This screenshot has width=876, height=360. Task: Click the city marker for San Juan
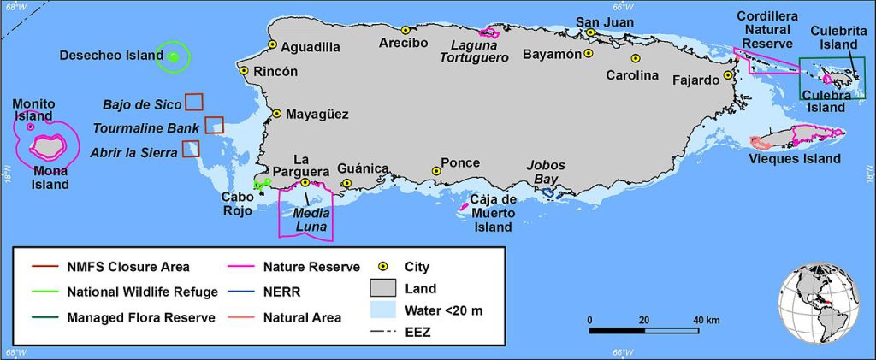[590, 32]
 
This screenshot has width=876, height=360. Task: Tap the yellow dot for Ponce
[436, 171]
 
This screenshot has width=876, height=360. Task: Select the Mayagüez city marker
[276, 113]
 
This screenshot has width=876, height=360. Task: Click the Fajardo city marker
[727, 75]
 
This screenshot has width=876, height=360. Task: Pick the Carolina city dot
[636, 59]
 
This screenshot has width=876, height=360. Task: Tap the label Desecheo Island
[111, 56]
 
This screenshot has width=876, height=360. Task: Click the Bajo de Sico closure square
[194, 101]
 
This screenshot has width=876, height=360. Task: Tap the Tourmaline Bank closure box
[214, 125]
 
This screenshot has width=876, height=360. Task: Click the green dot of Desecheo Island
[174, 57]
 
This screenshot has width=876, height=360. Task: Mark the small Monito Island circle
[31, 127]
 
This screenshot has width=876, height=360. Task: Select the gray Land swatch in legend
[384, 288]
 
